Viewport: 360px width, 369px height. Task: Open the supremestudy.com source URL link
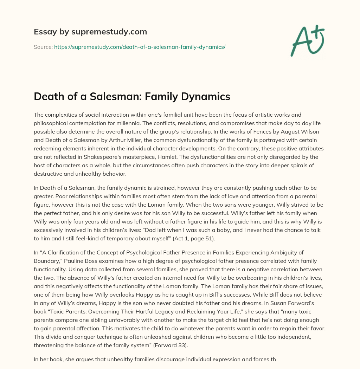click(x=140, y=47)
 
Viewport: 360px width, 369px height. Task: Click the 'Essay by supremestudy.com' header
click(x=90, y=32)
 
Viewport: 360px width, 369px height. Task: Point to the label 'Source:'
click(x=43, y=47)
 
